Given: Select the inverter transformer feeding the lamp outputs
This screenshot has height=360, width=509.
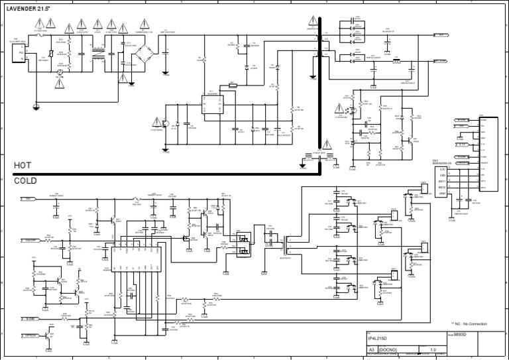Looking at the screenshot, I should (x=286, y=249).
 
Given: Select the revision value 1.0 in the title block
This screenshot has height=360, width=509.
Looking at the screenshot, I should (x=433, y=349).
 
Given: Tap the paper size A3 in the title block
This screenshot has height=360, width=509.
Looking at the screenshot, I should (x=372, y=349).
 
